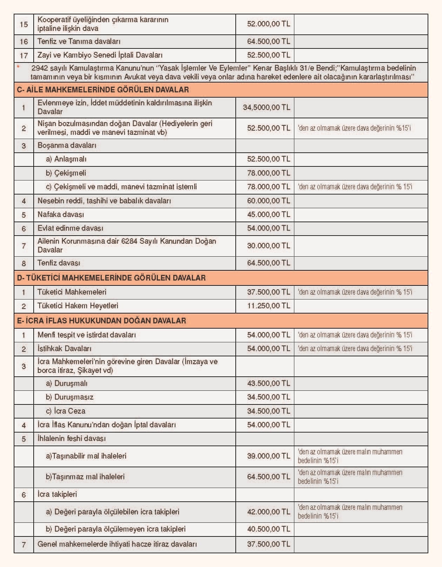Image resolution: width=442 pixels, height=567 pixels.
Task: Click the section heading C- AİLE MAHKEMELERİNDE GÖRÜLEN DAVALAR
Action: tap(103, 90)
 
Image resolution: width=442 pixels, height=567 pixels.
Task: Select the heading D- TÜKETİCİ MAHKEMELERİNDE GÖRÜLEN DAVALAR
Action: tap(111, 278)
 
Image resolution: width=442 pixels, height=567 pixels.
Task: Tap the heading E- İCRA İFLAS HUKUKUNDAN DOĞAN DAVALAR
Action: tap(101, 321)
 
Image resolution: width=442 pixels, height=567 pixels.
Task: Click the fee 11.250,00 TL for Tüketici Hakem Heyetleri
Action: tap(268, 306)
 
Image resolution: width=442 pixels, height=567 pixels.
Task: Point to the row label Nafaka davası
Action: tap(61, 215)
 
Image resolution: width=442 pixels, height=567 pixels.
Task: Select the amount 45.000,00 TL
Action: tap(268, 215)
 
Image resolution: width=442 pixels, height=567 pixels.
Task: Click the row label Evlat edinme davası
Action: tap(70, 228)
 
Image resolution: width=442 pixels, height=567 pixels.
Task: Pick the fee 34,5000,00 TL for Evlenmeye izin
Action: tap(267, 107)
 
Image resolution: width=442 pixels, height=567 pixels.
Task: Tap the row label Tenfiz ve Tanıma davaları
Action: tap(79, 41)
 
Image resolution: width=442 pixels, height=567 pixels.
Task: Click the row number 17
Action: tap(24, 55)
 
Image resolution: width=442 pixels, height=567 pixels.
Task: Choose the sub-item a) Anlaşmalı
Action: tap(66, 159)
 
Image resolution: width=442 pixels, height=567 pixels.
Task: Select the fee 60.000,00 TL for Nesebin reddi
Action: tap(268, 201)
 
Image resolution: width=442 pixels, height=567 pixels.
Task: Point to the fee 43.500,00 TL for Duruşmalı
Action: tap(268, 383)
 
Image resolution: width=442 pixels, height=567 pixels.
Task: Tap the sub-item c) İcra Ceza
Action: tap(66, 411)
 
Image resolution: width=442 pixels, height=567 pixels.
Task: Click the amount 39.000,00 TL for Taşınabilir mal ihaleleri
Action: tap(268, 456)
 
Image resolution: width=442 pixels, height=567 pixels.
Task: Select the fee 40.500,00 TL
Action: tap(268, 529)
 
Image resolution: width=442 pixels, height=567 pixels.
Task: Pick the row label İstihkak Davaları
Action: tap(64, 349)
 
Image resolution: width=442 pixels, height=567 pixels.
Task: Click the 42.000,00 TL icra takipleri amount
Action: tap(268, 512)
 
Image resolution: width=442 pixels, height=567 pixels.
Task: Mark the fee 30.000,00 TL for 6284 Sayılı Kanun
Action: tap(268, 246)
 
